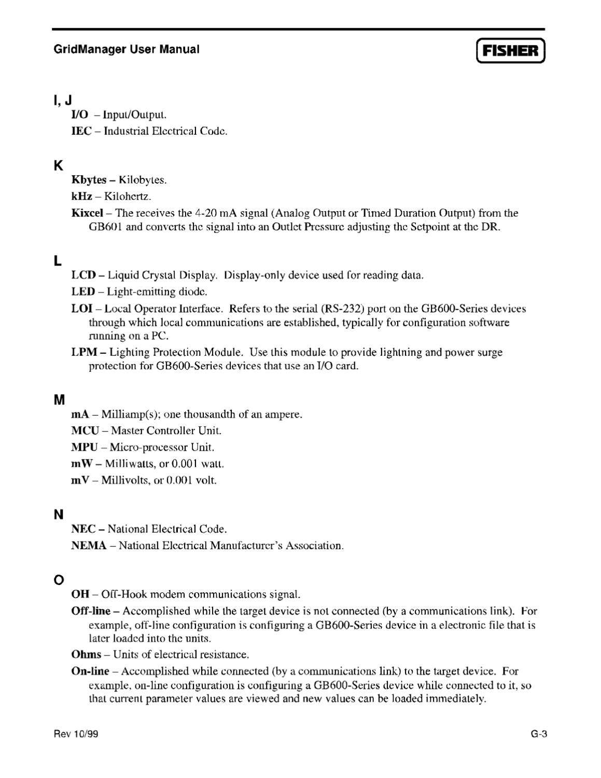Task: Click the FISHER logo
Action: [510, 51]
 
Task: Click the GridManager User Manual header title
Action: [126, 49]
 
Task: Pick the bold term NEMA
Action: [89, 546]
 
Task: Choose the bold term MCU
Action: [85, 430]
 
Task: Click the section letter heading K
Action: [58, 166]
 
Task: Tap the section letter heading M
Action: [59, 400]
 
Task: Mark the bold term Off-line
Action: [90, 610]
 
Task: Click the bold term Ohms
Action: [86, 655]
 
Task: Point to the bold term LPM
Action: [84, 352]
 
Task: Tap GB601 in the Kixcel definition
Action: [106, 227]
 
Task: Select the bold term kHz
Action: [81, 197]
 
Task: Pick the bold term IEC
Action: [81, 131]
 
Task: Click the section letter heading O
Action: [59, 579]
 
